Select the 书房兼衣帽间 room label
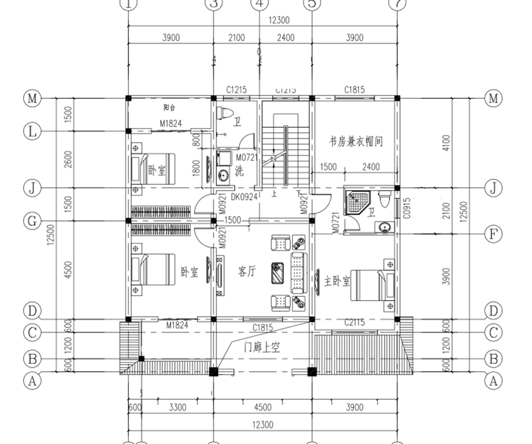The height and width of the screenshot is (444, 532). click(x=356, y=142)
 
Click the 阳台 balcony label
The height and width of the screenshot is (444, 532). click(x=170, y=108)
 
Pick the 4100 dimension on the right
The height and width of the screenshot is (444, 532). click(x=446, y=143)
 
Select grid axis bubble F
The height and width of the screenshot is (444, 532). click(x=493, y=233)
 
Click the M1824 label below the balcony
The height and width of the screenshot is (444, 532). click(x=170, y=124)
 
